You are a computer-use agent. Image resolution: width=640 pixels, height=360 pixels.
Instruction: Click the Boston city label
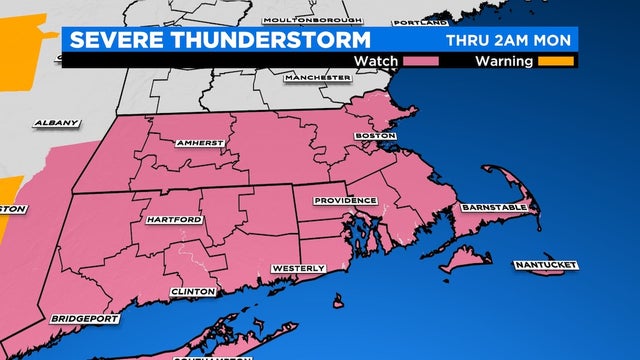376,135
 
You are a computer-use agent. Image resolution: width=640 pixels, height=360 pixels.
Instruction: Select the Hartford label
174,219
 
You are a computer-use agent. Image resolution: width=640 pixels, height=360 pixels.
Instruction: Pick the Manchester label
312,77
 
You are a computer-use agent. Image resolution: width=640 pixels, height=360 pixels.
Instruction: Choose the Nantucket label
546,264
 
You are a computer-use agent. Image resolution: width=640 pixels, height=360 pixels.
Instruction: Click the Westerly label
299,269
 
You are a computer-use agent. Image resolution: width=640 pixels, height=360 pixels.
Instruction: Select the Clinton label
194,291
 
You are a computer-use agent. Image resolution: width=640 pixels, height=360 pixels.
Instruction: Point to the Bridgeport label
84,319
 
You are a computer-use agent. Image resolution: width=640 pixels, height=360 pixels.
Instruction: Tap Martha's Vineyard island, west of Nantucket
463,261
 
